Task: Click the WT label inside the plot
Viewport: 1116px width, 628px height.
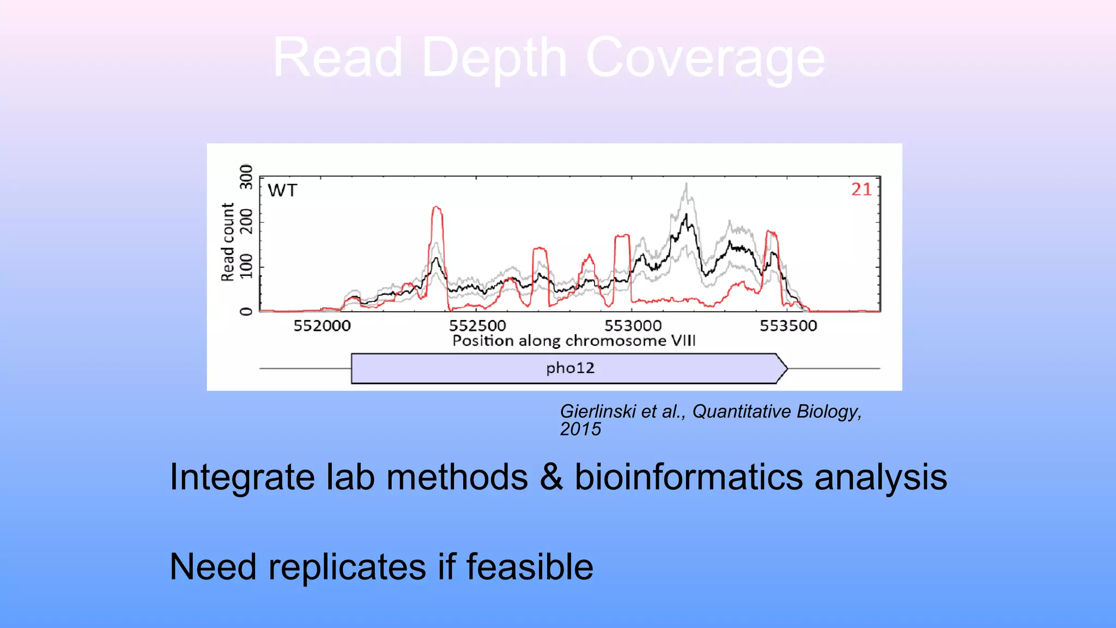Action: click(282, 190)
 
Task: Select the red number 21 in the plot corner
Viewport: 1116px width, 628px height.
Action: click(862, 189)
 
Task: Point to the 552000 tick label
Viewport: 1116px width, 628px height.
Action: click(322, 325)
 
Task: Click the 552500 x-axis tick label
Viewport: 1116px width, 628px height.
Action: click(477, 325)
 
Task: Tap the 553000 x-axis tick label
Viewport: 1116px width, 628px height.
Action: click(633, 325)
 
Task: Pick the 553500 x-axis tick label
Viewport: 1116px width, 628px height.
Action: click(788, 325)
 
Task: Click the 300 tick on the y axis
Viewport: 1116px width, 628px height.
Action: click(246, 177)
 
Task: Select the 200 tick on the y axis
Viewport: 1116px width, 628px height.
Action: click(246, 221)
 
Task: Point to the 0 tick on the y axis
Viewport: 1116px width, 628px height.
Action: click(246, 311)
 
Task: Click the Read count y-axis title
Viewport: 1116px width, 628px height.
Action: click(227, 242)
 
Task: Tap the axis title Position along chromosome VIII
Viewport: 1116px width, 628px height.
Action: click(574, 341)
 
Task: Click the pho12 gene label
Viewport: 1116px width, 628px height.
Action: click(570, 368)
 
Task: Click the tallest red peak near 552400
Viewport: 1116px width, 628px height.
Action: click(436, 208)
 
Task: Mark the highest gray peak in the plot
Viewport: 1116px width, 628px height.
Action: click(687, 184)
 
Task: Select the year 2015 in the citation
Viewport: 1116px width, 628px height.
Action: click(580, 429)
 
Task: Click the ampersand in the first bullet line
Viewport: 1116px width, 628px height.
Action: click(551, 477)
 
